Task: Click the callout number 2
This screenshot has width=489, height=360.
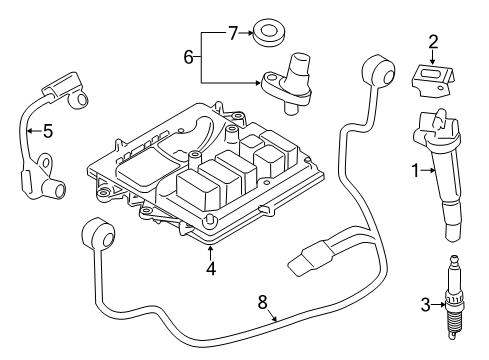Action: [x=433, y=42]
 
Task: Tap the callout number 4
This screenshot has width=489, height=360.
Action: [x=210, y=267]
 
